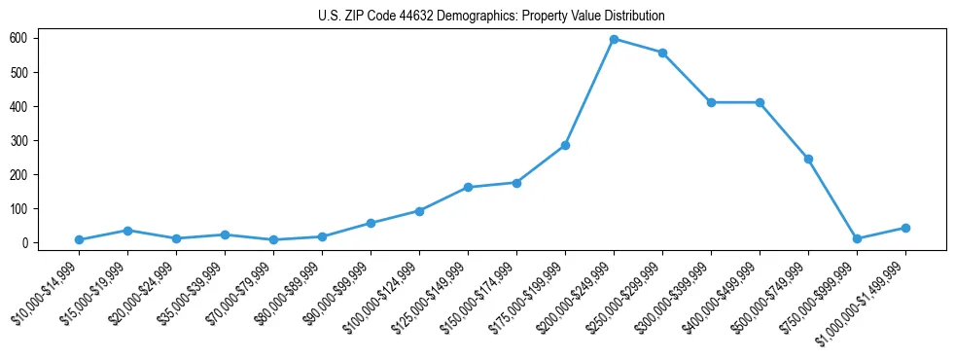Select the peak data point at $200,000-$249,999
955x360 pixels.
(x=614, y=39)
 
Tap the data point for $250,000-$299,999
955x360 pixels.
(x=662, y=53)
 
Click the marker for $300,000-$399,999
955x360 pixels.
(x=711, y=102)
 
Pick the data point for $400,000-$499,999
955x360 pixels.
(x=760, y=102)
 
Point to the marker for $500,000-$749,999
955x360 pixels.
(x=808, y=159)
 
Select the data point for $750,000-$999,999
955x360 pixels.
(x=857, y=238)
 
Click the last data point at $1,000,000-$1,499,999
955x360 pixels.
(x=905, y=228)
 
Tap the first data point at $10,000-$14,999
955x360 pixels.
(x=79, y=239)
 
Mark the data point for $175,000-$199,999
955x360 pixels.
(x=565, y=145)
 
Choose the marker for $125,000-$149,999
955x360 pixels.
(x=468, y=187)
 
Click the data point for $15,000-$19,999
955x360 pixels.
(x=127, y=231)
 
